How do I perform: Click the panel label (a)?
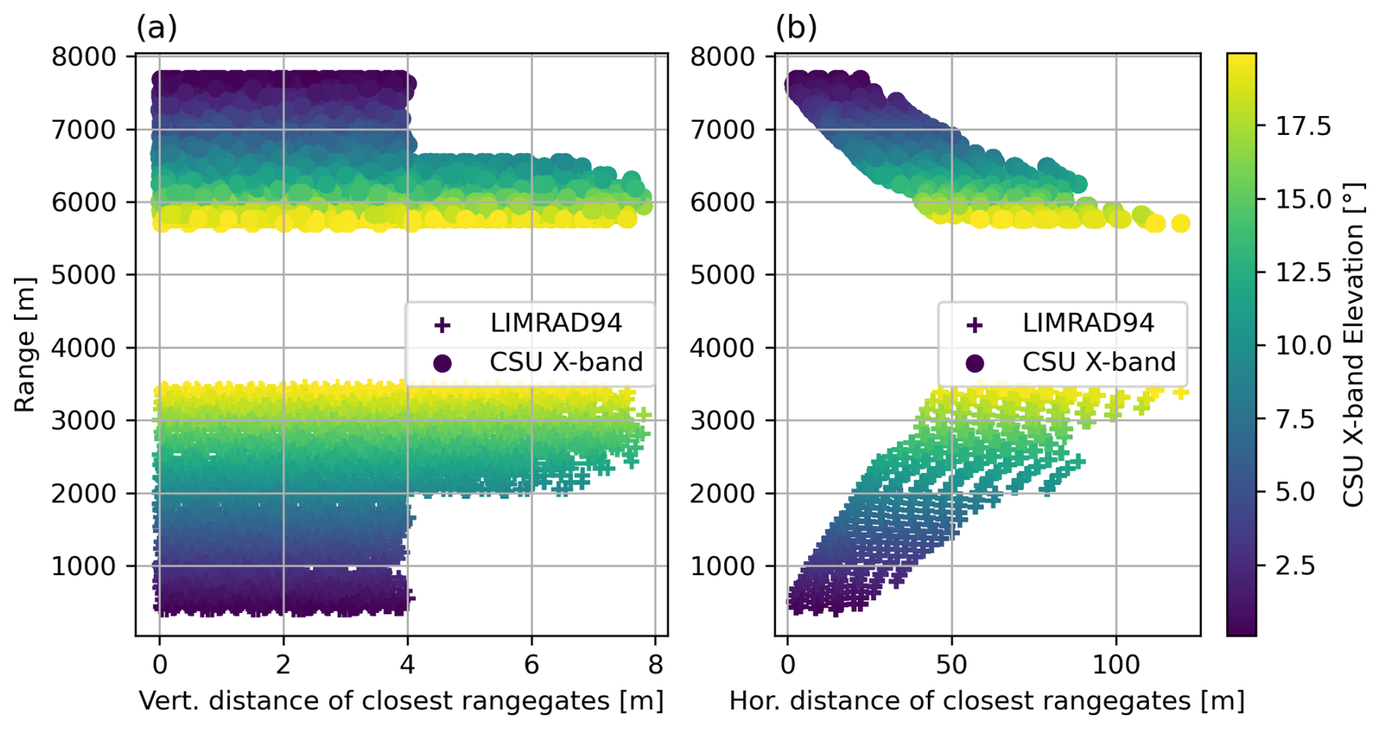pos(156,28)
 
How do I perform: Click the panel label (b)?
pos(796,28)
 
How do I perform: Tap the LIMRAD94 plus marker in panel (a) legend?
pos(442,325)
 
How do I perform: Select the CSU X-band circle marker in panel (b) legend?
pos(974,363)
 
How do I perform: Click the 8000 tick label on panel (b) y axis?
pos(723,57)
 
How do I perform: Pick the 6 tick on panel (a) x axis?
pos(531,664)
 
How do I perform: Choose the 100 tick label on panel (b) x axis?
pos(1116,664)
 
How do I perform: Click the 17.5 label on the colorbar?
pos(1303,126)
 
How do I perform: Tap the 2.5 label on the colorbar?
pos(1295,566)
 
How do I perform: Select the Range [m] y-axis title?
pos(25,344)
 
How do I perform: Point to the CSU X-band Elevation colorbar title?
pos(1354,344)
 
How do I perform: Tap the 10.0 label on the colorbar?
pos(1303,345)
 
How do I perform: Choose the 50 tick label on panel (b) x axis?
pos(951,664)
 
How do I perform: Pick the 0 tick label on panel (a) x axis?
pos(160,664)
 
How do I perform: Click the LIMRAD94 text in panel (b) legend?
pos(1088,323)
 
